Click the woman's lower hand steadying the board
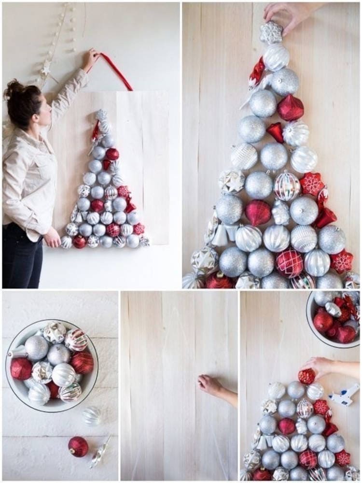click(x=52, y=238)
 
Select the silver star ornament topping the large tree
click(x=271, y=32)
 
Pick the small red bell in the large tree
click(x=276, y=131)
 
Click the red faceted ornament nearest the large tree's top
click(x=291, y=108)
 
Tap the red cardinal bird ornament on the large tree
click(x=256, y=72)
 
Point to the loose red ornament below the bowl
click(x=78, y=446)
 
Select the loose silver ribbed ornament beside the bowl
click(x=91, y=416)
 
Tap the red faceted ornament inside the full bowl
click(x=21, y=369)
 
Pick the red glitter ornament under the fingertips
click(x=306, y=376)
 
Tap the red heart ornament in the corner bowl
click(x=346, y=334)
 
